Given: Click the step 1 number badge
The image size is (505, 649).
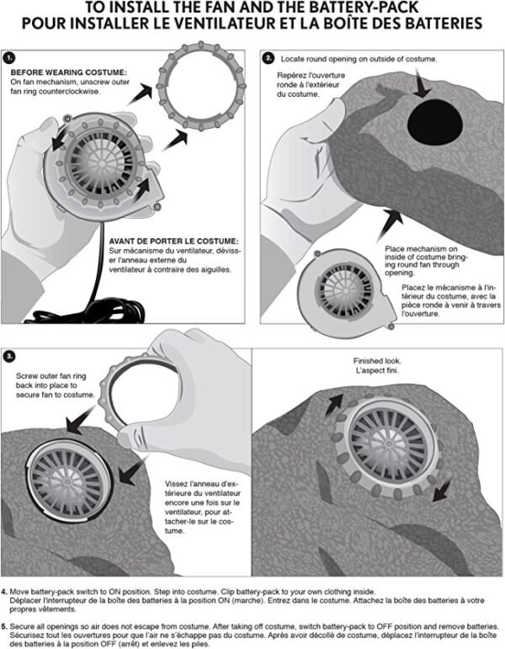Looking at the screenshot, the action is (x=8, y=58).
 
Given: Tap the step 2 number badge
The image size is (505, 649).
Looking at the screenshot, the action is (x=268, y=58).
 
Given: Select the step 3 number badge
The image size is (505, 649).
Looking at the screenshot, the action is (x=9, y=356).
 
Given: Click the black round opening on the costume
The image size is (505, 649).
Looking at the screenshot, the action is (x=434, y=122).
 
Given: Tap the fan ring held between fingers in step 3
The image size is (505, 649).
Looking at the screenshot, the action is (x=109, y=397).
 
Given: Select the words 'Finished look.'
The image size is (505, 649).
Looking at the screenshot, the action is (x=377, y=361).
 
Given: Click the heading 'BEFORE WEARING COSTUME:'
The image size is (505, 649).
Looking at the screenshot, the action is (x=69, y=72).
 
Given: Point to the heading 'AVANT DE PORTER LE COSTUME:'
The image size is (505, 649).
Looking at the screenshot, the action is (x=174, y=241).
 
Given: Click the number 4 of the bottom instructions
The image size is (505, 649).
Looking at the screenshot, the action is (x=4, y=592).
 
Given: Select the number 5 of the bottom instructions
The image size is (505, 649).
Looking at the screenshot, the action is (x=4, y=626).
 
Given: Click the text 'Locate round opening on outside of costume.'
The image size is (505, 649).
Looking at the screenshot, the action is (x=359, y=59).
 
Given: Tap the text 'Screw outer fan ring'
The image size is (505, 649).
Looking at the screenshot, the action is (x=50, y=375).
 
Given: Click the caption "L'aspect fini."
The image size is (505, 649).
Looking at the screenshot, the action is (x=377, y=370).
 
